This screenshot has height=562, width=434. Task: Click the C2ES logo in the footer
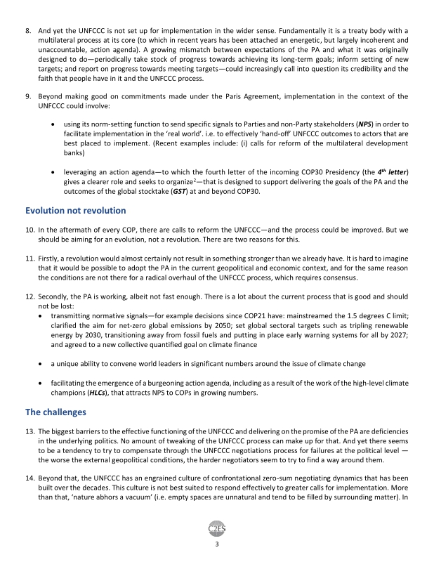click(217, 529)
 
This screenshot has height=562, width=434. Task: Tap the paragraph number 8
click(27, 32)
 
